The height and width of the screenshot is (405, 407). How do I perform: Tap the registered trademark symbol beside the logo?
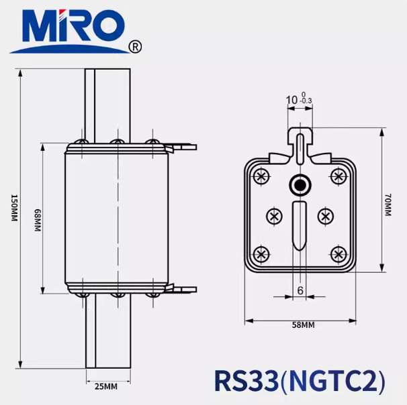135,46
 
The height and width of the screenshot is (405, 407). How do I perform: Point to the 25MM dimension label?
105,386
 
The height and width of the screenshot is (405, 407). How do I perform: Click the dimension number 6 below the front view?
300,290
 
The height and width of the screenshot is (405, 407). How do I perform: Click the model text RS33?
245,380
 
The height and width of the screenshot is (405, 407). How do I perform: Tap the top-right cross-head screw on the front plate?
338,176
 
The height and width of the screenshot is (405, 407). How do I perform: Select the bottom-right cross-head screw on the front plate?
338,254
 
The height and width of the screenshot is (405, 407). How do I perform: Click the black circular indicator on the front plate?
300,184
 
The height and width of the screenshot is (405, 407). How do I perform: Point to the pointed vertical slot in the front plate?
300,225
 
